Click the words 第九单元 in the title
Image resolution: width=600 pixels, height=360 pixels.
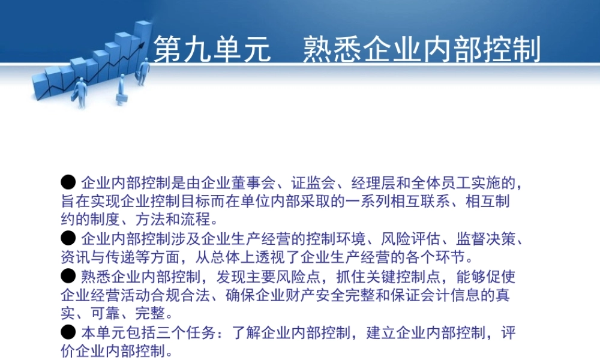(212, 49)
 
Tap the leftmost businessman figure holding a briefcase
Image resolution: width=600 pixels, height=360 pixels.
(80, 92)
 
